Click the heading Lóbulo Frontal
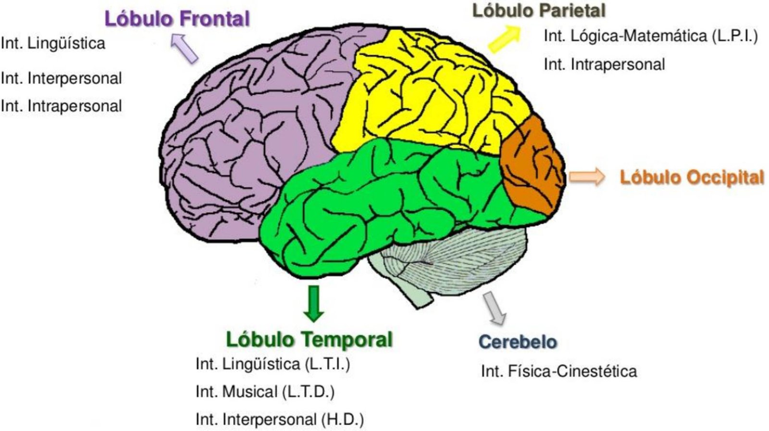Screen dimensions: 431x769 [177, 19]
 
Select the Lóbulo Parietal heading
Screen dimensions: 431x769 [538, 10]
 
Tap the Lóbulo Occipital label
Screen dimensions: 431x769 [691, 177]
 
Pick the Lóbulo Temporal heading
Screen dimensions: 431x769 [309, 339]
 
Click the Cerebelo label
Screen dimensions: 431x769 [518, 342]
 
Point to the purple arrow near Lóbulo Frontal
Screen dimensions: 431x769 [184, 48]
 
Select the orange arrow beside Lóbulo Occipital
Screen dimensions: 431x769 [587, 176]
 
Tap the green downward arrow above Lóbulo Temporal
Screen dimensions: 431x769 [314, 303]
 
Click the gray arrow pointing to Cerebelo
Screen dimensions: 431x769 [495, 308]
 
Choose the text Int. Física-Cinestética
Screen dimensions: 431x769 [558, 371]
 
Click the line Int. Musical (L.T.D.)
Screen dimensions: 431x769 [265, 392]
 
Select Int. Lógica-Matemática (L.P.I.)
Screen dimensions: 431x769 [650, 36]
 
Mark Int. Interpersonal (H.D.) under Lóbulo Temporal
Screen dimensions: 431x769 [279, 419]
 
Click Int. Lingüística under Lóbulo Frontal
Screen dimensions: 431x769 [53, 43]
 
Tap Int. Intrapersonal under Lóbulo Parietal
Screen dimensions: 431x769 [604, 64]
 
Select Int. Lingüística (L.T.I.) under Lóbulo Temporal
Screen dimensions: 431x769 [273, 364]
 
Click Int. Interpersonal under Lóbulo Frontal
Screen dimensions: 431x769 [61, 78]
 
